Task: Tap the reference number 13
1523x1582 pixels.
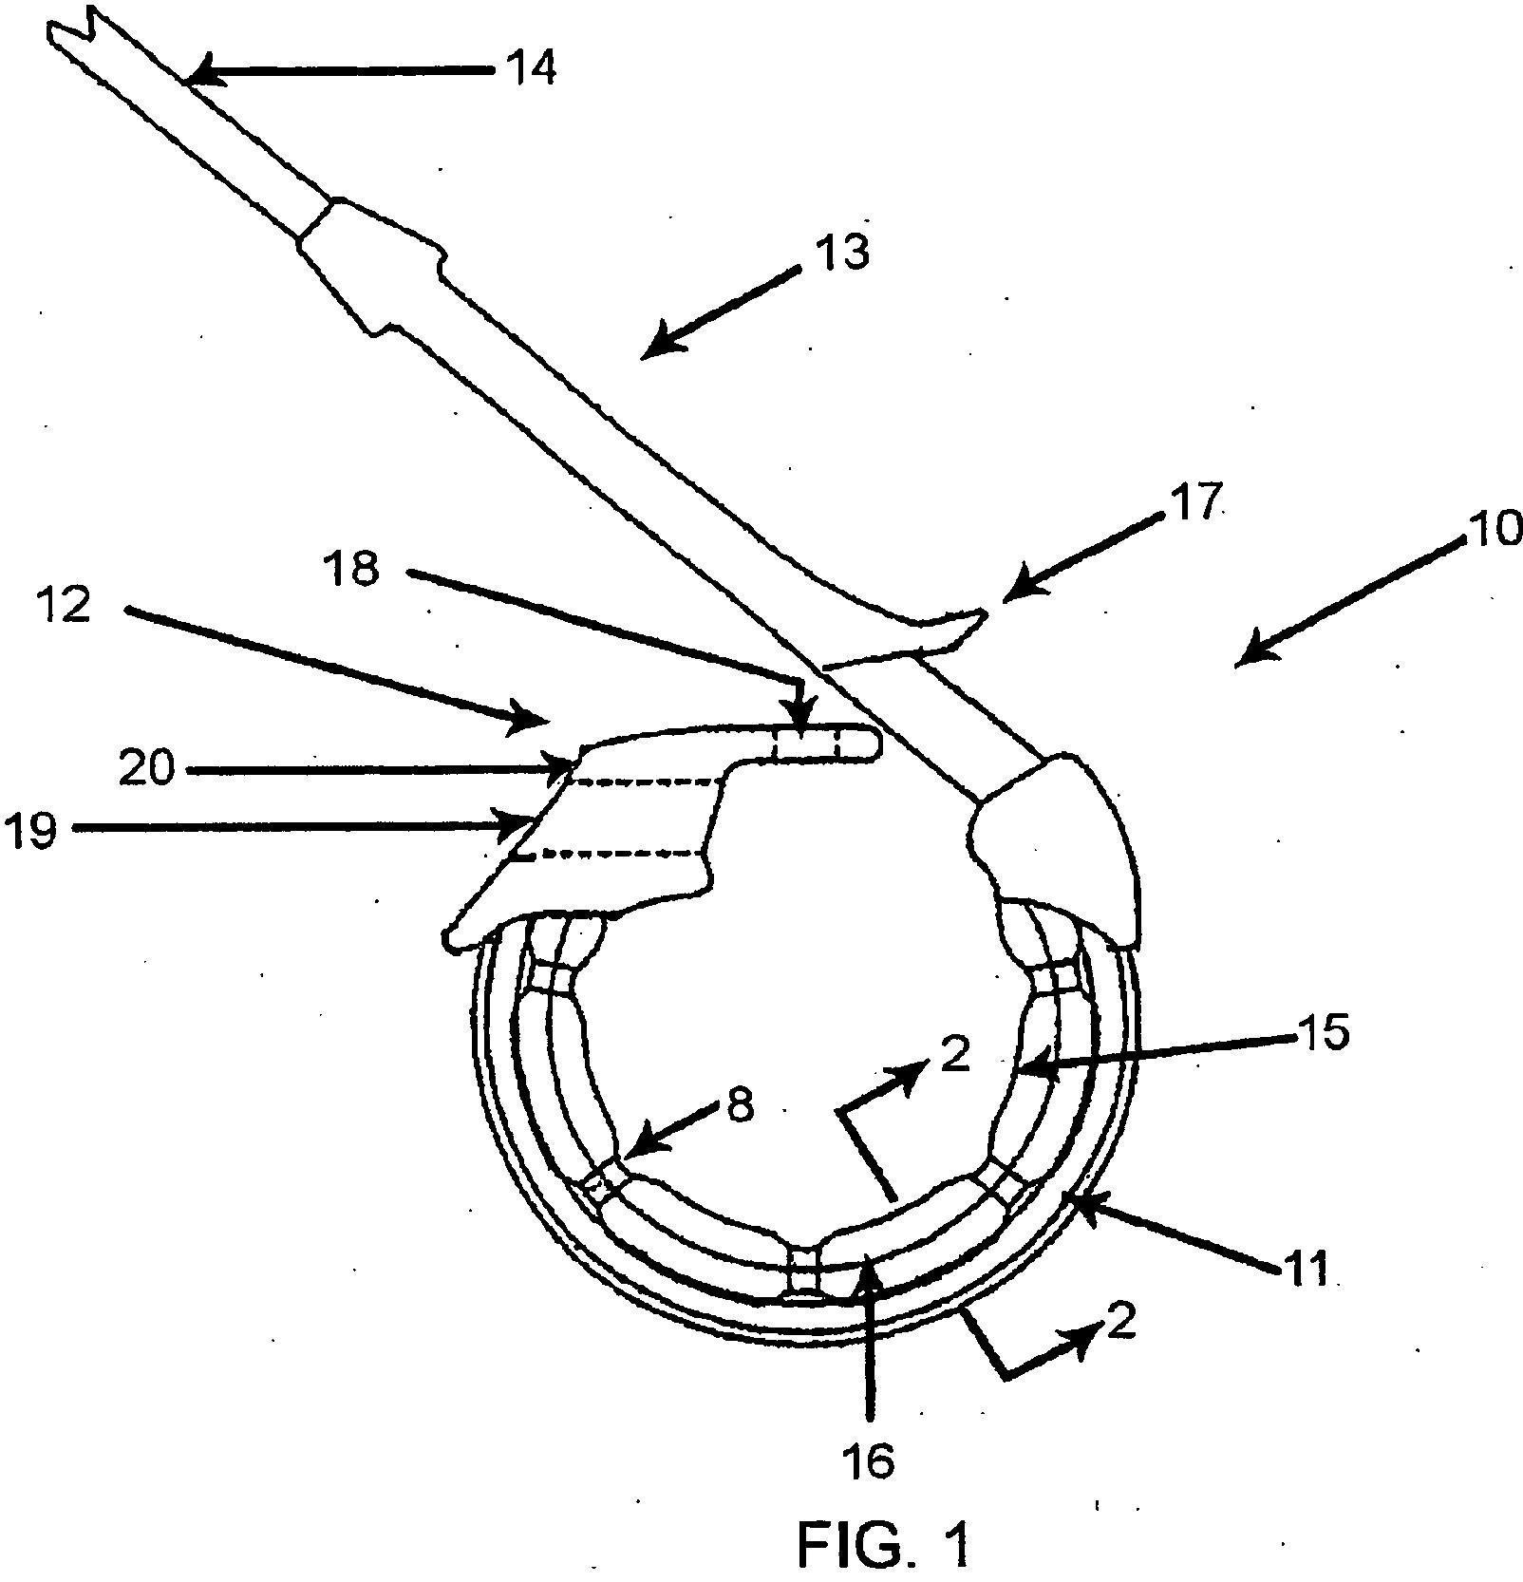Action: (841, 253)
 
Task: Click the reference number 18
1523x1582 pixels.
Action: (350, 569)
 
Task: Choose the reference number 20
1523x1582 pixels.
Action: (147, 767)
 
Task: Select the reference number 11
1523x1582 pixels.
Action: (1307, 1268)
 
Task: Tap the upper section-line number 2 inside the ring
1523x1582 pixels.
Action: (954, 1055)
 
